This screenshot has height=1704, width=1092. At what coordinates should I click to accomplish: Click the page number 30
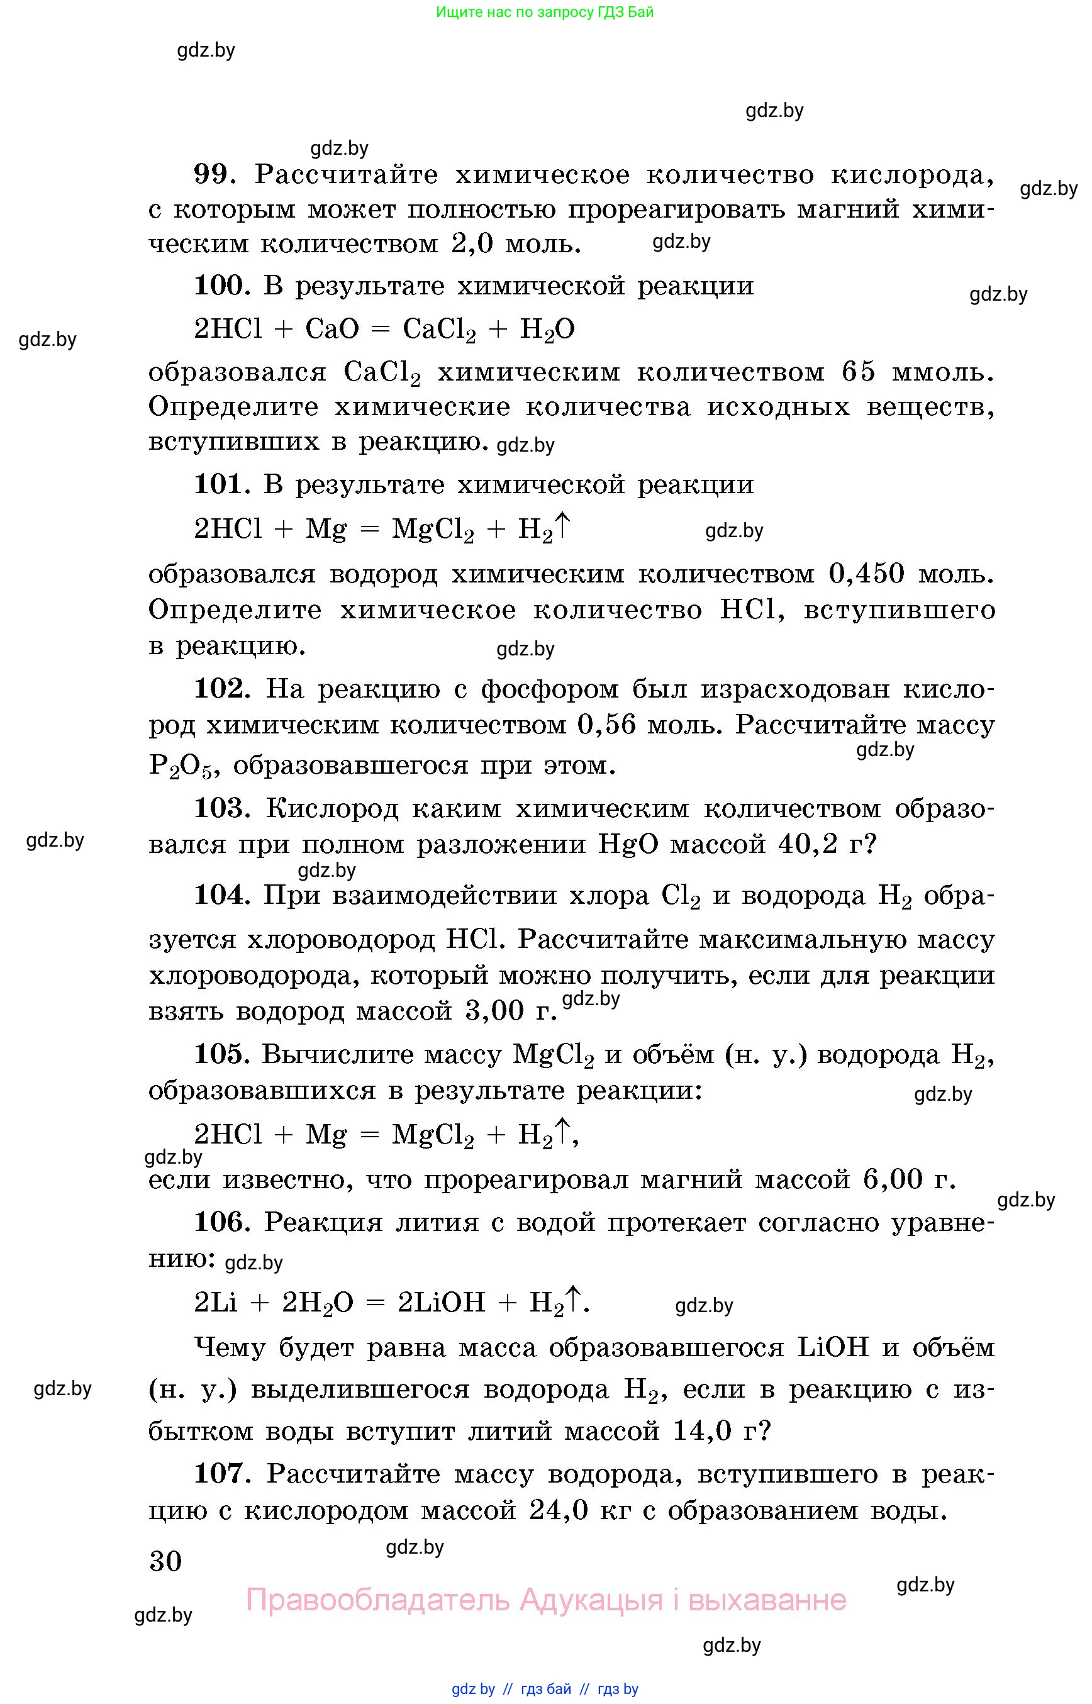166,1561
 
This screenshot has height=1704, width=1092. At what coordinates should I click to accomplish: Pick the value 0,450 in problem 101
867,573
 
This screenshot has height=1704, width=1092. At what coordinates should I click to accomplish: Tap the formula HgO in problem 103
629,844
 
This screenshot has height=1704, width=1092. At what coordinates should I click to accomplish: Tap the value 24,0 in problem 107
559,1510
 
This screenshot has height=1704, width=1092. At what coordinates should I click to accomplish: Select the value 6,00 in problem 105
893,1179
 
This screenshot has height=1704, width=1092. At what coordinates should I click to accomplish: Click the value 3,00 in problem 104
494,1010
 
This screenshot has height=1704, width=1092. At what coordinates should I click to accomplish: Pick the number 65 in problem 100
859,372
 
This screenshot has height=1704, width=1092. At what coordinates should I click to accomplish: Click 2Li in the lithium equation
216,1302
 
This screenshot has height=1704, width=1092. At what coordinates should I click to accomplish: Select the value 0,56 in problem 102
607,725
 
